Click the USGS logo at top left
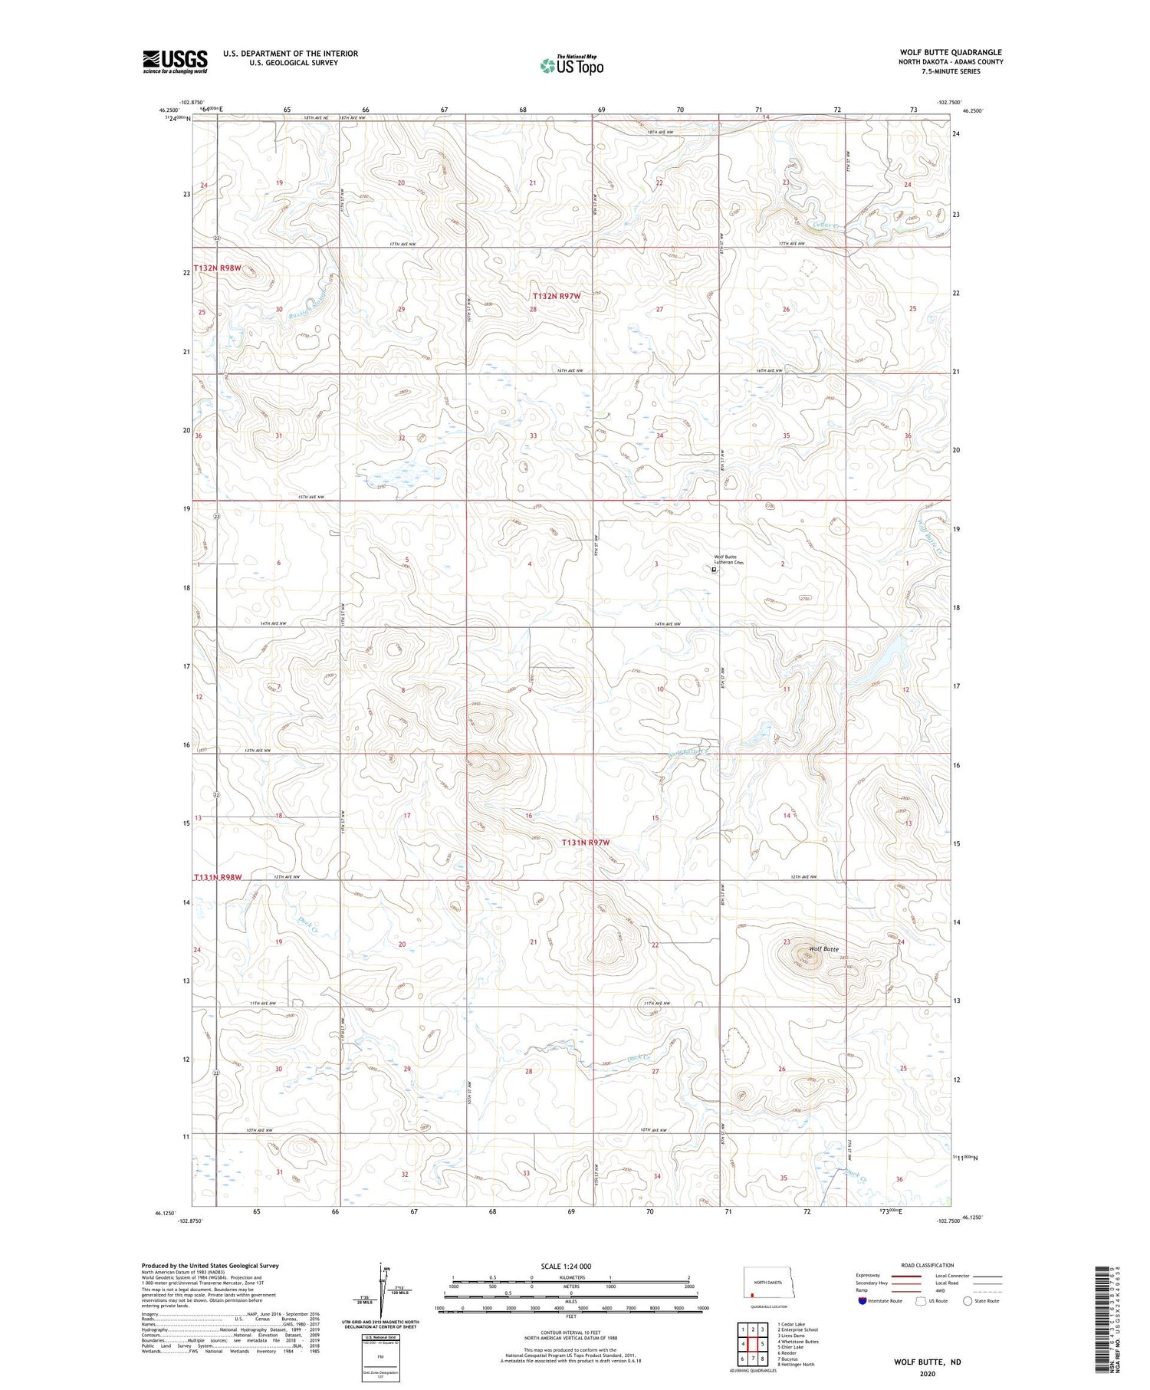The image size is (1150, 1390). pyautogui.click(x=175, y=61)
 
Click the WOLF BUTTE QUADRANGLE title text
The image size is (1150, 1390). pyautogui.click(x=951, y=52)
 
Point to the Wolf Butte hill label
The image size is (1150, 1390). pyautogui.click(x=825, y=948)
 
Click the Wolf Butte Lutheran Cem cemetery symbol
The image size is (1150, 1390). pyautogui.click(x=714, y=570)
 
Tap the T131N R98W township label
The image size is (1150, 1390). pyautogui.click(x=218, y=877)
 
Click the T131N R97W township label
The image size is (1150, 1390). pyautogui.click(x=586, y=843)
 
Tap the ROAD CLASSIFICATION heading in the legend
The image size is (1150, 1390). pyautogui.click(x=927, y=1265)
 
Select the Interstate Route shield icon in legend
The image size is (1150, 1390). pyautogui.click(x=863, y=1301)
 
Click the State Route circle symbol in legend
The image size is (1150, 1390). pyautogui.click(x=968, y=1301)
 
